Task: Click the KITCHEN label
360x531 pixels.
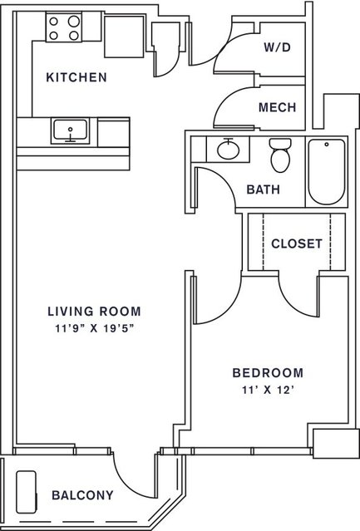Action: click(76, 77)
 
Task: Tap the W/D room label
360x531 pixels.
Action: click(278, 47)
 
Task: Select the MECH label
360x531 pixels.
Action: click(278, 107)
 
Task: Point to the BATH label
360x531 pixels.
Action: click(264, 189)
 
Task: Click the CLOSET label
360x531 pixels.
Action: click(297, 243)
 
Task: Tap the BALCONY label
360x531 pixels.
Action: click(82, 495)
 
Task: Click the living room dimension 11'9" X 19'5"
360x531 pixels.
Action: click(95, 328)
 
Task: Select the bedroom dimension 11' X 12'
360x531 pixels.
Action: click(267, 390)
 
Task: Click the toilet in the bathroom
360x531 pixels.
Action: click(280, 155)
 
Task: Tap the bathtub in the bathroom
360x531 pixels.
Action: click(327, 172)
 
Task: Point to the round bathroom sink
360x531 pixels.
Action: click(229, 150)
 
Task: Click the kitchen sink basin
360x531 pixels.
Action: click(70, 131)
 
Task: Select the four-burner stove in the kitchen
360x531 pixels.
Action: click(64, 27)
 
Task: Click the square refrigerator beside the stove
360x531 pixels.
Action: click(124, 37)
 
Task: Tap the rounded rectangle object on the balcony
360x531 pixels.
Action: click(26, 492)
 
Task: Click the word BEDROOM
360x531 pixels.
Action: click(268, 373)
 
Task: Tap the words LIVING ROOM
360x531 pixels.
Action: click(94, 312)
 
